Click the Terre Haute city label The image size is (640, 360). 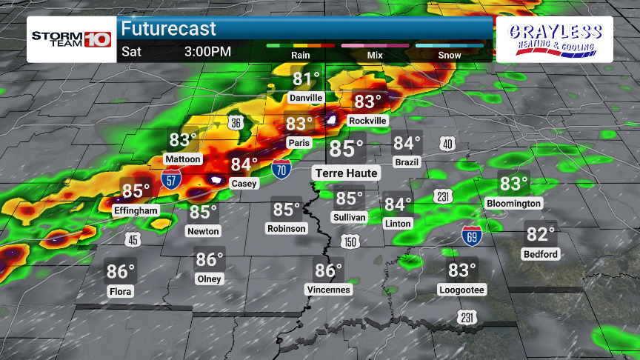tap(346, 173)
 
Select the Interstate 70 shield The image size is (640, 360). tap(281, 169)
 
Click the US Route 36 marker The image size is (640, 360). tap(235, 123)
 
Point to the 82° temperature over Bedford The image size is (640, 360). tap(541, 234)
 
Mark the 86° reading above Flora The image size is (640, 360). tap(121, 271)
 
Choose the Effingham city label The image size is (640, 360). tap(136, 210)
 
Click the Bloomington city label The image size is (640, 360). tap(513, 203)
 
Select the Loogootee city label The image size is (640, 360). tap(461, 290)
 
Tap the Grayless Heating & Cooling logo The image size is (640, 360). tap(554, 41)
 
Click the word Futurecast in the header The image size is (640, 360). tap(169, 29)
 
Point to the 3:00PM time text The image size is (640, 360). tap(207, 53)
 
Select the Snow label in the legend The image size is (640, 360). tap(449, 55)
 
